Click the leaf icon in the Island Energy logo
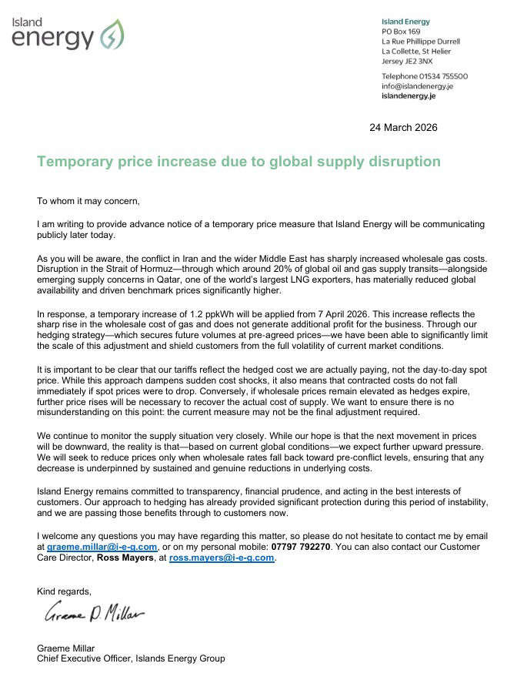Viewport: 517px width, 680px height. tap(112, 35)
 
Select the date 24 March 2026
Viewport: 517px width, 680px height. tap(403, 127)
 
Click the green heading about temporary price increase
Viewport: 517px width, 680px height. tap(238, 162)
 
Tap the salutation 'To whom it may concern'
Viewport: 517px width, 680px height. tap(88, 201)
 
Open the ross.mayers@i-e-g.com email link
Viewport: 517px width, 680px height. tap(222, 558)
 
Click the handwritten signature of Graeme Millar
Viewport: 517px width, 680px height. tap(95, 615)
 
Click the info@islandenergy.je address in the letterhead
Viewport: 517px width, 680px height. tap(417, 86)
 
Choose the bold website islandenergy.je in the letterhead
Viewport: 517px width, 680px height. tap(409, 96)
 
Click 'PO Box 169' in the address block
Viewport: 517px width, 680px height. tap(402, 32)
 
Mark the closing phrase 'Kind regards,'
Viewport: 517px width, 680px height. tap(64, 591)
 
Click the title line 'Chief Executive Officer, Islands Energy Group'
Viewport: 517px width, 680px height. tap(131, 658)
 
